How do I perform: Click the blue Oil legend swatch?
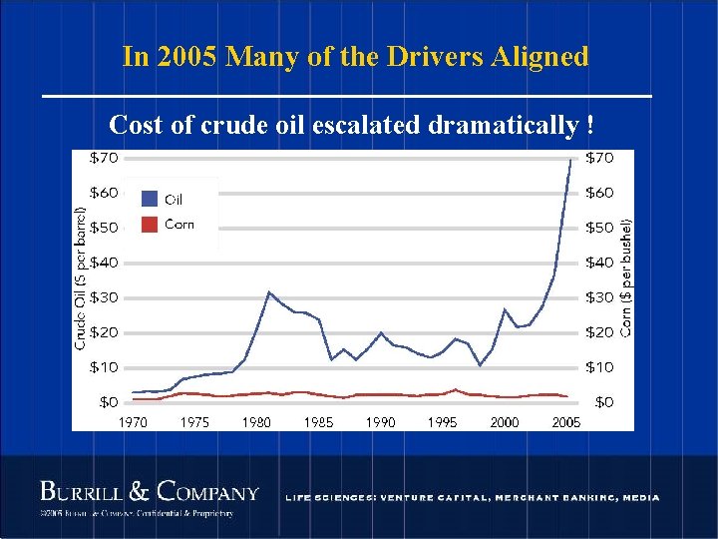[151, 199]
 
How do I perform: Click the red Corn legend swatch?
[151, 225]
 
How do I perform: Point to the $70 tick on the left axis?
[105, 158]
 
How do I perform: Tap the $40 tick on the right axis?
[598, 263]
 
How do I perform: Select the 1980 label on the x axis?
[256, 422]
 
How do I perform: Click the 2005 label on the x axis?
[566, 422]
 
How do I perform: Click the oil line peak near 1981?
[268, 292]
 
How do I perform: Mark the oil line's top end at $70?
[570, 159]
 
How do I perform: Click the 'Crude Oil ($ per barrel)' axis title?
[81, 277]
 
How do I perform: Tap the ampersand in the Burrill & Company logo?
[140, 492]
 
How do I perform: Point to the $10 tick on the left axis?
[105, 367]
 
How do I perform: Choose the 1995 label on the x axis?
[442, 422]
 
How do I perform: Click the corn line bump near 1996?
[455, 390]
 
